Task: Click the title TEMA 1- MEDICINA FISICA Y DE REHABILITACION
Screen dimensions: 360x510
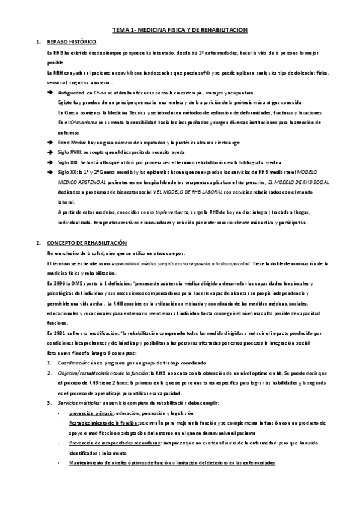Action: point(180,29)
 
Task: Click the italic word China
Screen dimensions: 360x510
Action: point(102,93)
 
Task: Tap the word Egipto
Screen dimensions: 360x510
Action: point(66,103)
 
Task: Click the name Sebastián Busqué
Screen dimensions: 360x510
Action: point(100,162)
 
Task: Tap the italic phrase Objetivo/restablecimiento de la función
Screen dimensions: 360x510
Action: point(103,373)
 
